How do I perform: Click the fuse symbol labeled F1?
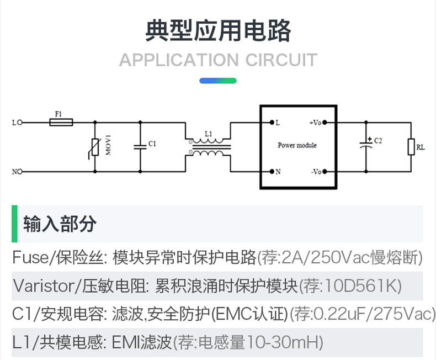pyautogui.click(x=61, y=123)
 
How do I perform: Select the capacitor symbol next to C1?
pyautogui.click(x=140, y=146)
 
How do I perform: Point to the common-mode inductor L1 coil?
pyautogui.click(x=208, y=147)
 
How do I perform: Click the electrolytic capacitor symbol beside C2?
pyautogui.click(x=365, y=144)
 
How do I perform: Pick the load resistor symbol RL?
pyautogui.click(x=411, y=147)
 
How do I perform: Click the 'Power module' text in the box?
pyautogui.click(x=297, y=146)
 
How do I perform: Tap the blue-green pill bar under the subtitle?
pyautogui.click(x=218, y=81)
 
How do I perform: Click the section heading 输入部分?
pyautogui.click(x=60, y=224)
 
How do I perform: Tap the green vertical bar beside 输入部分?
pyautogui.click(x=14, y=224)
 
